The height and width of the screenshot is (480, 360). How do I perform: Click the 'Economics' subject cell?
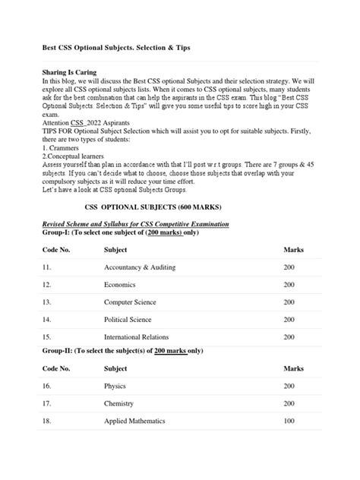click(x=120, y=285)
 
